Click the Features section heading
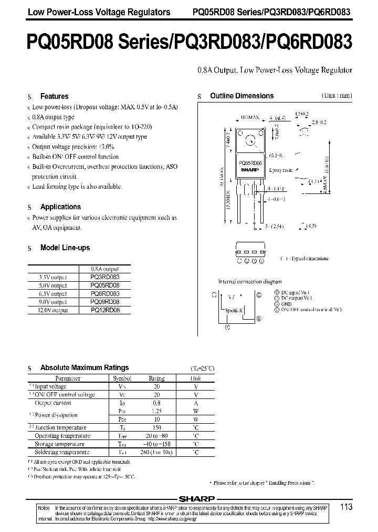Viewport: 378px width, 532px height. pyautogui.click(x=54, y=96)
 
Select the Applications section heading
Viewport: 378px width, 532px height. pyautogui.click(x=60, y=207)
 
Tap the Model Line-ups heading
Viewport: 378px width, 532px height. pyautogui.click(x=65, y=248)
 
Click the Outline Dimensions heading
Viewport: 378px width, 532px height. pyautogui.click(x=241, y=96)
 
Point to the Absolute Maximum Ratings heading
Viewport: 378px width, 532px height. pyautogui.click(x=84, y=367)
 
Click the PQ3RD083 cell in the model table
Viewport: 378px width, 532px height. pyautogui.click(x=105, y=277)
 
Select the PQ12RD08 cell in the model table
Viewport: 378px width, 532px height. pyautogui.click(x=105, y=311)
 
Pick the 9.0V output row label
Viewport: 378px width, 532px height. pyautogui.click(x=53, y=302)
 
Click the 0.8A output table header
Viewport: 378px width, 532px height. pyautogui.click(x=105, y=268)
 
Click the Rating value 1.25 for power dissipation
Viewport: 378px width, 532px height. pyautogui.click(x=156, y=411)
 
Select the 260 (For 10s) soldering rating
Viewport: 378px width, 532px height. pyautogui.click(x=156, y=452)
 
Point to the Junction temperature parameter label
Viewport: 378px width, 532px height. pyautogui.click(x=60, y=427)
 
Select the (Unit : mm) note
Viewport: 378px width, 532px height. pyautogui.click(x=337, y=96)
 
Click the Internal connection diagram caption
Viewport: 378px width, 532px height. pyautogui.click(x=250, y=282)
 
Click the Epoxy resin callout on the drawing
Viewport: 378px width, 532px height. pyautogui.click(x=280, y=170)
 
